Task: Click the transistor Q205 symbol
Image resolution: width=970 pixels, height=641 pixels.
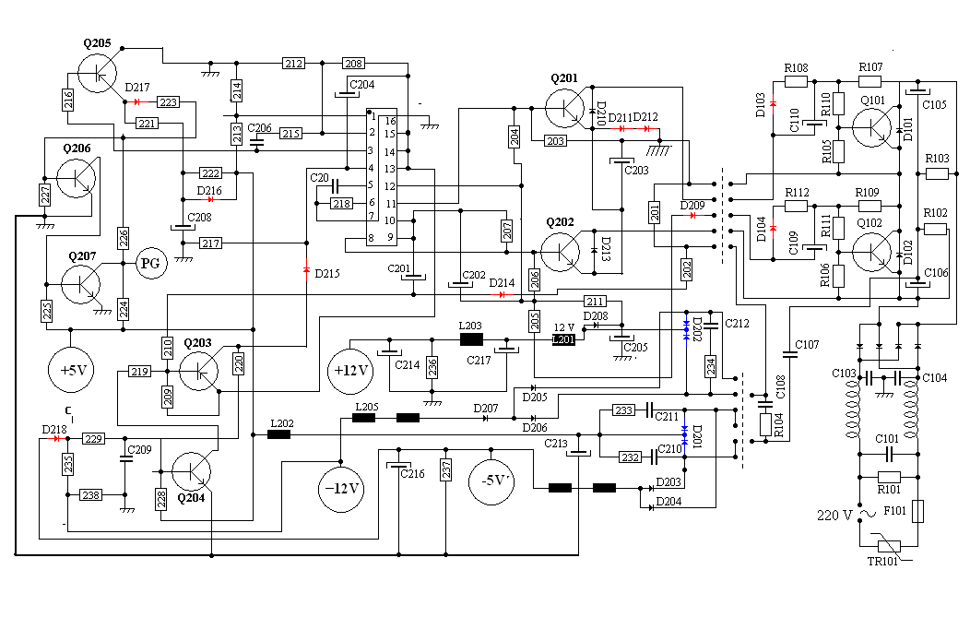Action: pos(97,73)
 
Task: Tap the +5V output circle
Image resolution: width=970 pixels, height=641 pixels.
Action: pos(70,370)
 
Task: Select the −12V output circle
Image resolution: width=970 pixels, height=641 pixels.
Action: pos(341,488)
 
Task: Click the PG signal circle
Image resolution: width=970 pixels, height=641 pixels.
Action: pos(151,264)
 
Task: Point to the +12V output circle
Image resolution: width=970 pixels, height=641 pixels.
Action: pos(350,371)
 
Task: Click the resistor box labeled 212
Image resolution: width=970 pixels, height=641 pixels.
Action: pos(293,63)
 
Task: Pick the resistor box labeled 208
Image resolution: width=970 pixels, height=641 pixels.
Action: pos(353,63)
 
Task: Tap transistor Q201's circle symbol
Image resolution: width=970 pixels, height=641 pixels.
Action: pos(565,108)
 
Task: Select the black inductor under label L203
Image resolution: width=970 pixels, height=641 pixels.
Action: pos(471,339)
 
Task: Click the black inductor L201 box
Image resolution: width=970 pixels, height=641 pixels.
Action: pos(563,339)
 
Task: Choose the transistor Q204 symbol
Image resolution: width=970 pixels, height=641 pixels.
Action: pos(191,471)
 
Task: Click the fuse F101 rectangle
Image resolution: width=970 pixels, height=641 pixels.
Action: pos(918,511)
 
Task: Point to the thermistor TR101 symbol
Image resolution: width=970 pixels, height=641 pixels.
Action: pos(889,546)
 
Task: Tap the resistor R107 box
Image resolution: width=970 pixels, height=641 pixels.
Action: pos(869,81)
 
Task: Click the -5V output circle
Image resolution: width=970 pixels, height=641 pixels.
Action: pos(491,481)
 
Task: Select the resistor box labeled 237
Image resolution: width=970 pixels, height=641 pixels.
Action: pos(446,470)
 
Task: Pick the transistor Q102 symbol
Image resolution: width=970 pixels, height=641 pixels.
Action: pos(871,252)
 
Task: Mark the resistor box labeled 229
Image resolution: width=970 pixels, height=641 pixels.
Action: pos(93,439)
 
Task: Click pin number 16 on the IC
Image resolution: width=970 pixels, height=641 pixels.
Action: pos(390,121)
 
